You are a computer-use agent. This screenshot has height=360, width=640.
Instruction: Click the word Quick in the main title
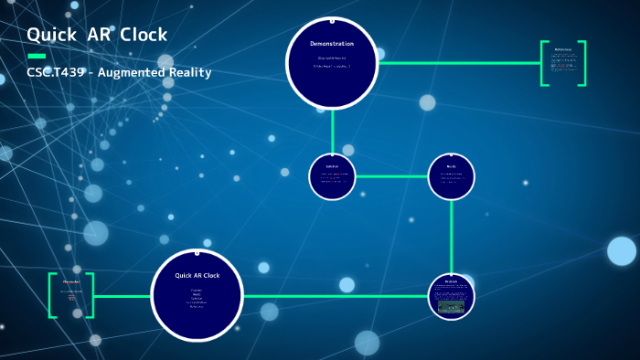pyautogui.click(x=50, y=35)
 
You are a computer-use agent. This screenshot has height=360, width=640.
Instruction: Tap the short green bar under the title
pyautogui.click(x=36, y=56)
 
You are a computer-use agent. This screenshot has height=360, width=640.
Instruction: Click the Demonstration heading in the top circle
pyautogui.click(x=332, y=44)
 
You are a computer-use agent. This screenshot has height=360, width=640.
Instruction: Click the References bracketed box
pyautogui.click(x=563, y=63)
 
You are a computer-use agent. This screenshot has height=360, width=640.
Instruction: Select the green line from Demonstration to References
pyautogui.click(x=457, y=63)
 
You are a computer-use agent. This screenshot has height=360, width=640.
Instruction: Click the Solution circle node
pyautogui.click(x=332, y=176)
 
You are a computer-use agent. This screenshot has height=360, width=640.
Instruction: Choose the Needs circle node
pyautogui.click(x=451, y=176)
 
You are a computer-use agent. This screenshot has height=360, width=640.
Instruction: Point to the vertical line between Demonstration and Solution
pyautogui.click(x=332, y=130)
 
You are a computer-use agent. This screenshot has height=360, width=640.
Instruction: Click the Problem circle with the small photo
pyautogui.click(x=451, y=296)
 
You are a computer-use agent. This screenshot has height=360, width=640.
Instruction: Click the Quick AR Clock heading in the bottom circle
pyautogui.click(x=197, y=275)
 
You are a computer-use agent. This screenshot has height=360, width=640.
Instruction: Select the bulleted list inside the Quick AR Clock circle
pyautogui.click(x=197, y=298)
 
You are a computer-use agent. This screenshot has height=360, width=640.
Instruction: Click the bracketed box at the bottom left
pyautogui.click(x=71, y=295)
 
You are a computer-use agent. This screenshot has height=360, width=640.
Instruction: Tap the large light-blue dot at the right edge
pyautogui.click(x=622, y=250)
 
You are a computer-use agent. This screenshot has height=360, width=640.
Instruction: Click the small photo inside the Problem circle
pyautogui.click(x=451, y=307)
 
